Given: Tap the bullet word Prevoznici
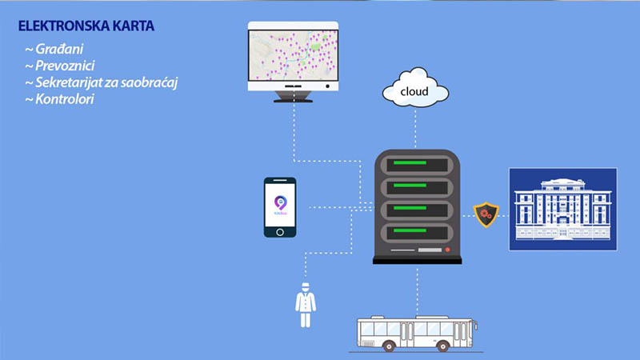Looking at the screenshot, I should click(61, 66).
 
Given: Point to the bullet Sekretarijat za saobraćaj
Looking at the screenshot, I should click(89, 83).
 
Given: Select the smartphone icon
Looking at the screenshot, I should click(280, 207).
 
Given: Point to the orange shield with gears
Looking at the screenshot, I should click(483, 214).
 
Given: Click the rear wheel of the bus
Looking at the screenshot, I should click(388, 346).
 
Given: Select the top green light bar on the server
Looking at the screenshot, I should click(416, 165).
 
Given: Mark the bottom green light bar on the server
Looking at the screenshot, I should click(416, 234).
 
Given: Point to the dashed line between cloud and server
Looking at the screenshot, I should click(416, 128).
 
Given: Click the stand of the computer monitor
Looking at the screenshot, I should click(294, 97).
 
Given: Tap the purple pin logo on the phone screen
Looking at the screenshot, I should click(280, 203).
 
